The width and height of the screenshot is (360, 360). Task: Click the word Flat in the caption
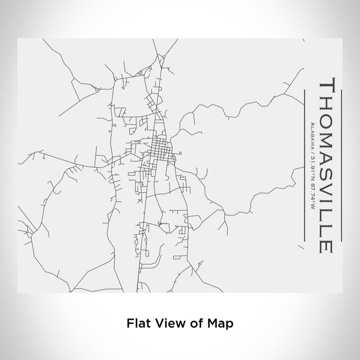coord(136,323)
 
